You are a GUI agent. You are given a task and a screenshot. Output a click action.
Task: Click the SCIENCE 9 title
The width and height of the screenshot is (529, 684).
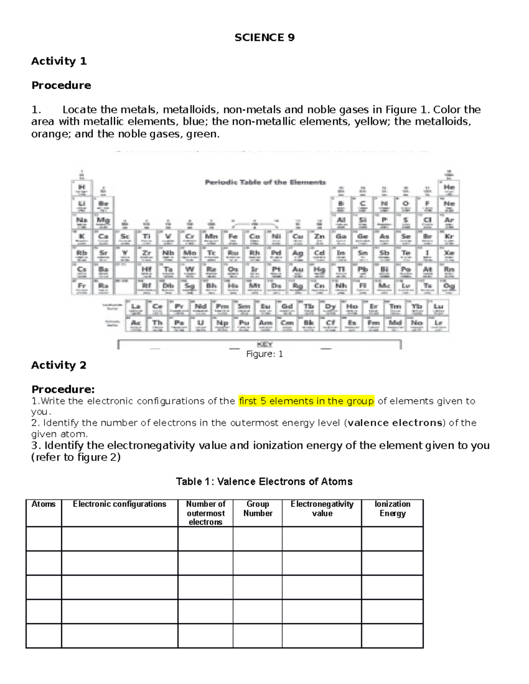pyautogui.click(x=264, y=37)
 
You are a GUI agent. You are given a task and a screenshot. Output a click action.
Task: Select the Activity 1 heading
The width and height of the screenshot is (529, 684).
pyautogui.click(x=59, y=61)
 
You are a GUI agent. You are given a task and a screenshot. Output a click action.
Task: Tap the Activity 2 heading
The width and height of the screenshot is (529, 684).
pyautogui.click(x=59, y=365)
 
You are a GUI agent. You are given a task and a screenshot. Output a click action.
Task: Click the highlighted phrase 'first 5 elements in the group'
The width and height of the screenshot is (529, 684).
pyautogui.click(x=306, y=401)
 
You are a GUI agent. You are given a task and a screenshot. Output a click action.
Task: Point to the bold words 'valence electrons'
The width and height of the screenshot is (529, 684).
pyautogui.click(x=395, y=423)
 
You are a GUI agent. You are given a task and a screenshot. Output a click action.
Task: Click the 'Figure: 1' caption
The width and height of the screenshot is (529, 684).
pyautogui.click(x=264, y=354)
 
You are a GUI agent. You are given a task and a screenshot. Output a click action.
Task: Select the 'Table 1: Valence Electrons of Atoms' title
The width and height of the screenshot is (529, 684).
pyautogui.click(x=264, y=481)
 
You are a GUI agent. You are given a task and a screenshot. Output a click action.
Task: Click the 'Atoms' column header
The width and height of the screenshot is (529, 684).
pyautogui.click(x=44, y=504)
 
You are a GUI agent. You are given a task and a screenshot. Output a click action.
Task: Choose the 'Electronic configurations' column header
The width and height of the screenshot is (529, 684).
pyautogui.click(x=119, y=504)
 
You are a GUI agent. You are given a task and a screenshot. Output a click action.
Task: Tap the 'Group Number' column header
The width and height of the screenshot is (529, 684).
pyautogui.click(x=258, y=509)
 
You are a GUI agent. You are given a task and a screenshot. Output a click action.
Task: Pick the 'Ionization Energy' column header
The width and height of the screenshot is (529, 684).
pyautogui.click(x=392, y=509)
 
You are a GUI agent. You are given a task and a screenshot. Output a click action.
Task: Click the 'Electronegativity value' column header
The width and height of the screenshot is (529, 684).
pyautogui.click(x=322, y=509)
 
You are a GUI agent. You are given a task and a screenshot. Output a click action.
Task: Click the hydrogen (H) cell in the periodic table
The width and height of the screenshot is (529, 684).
pyautogui.click(x=82, y=188)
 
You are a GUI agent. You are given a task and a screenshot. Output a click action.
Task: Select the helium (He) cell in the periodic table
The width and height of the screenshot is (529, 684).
pyautogui.click(x=449, y=188)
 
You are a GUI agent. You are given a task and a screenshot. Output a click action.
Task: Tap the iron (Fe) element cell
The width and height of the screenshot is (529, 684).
pyautogui.click(x=233, y=237)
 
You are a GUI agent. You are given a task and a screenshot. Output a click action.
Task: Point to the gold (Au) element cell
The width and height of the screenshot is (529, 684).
pyautogui.click(x=298, y=270)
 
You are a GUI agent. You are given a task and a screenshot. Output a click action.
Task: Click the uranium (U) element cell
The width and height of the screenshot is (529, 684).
pyautogui.click(x=201, y=324)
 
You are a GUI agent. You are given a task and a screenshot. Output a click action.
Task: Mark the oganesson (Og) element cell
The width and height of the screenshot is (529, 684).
pyautogui.click(x=449, y=287)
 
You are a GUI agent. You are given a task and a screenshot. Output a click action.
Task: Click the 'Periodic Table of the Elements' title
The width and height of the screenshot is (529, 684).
pyautogui.click(x=265, y=182)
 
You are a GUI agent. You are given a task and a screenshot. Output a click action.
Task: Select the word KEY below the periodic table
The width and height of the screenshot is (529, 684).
pyautogui.click(x=264, y=344)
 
